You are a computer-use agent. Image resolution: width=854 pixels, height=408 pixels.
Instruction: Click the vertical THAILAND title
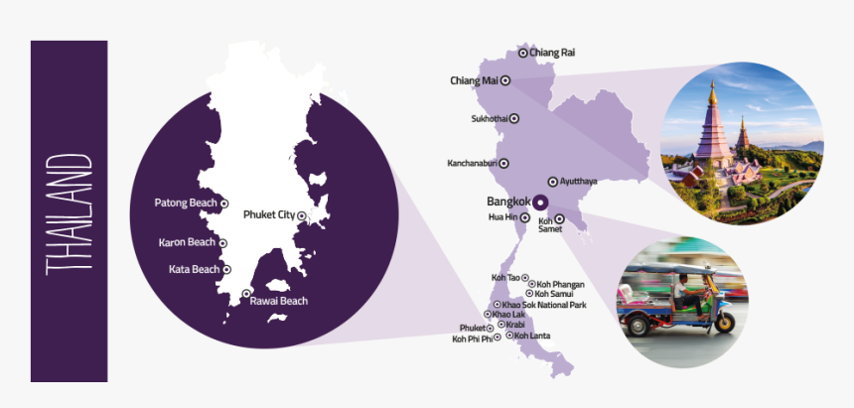69,212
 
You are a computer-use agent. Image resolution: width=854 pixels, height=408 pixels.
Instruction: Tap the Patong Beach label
186,204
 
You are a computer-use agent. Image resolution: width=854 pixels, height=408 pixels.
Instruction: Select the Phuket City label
270,213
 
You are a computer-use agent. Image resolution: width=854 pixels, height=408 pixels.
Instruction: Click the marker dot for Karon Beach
223,242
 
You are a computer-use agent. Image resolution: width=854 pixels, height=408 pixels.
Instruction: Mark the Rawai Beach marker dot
246,293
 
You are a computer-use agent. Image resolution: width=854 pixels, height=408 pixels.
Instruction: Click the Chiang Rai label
552,53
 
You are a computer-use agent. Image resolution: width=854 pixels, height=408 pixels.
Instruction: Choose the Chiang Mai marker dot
504,80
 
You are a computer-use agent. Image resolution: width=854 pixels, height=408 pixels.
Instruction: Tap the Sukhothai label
490,119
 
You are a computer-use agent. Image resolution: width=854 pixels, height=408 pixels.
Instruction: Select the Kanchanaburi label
473,163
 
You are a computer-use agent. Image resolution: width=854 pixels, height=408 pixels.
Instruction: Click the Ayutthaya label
579,182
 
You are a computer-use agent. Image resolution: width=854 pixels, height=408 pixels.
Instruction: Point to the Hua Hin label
503,216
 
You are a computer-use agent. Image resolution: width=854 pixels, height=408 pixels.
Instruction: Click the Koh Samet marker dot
560,218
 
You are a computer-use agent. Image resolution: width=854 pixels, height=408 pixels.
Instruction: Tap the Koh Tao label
505,278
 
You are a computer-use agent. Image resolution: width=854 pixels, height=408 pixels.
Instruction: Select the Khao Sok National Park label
544,305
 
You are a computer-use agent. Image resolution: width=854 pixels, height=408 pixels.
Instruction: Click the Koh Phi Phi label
472,340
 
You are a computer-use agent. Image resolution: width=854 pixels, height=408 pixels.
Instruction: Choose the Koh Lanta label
532,336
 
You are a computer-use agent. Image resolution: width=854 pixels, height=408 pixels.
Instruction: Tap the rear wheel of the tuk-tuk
725,322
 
